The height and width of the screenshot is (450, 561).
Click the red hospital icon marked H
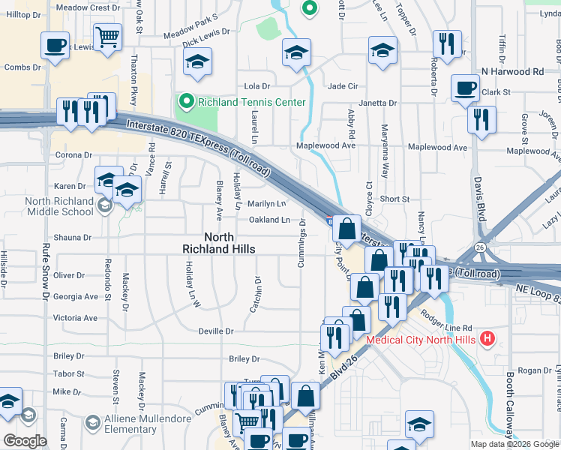(x=488, y=339)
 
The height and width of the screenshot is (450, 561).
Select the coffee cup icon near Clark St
(x=465, y=88)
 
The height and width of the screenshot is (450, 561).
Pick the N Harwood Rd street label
(x=512, y=72)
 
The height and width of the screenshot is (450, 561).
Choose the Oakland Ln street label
(x=269, y=220)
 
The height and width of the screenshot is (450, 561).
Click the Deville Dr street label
(x=216, y=331)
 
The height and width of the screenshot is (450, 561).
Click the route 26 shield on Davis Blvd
(x=480, y=246)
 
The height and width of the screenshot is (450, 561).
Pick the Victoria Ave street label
(x=75, y=318)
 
